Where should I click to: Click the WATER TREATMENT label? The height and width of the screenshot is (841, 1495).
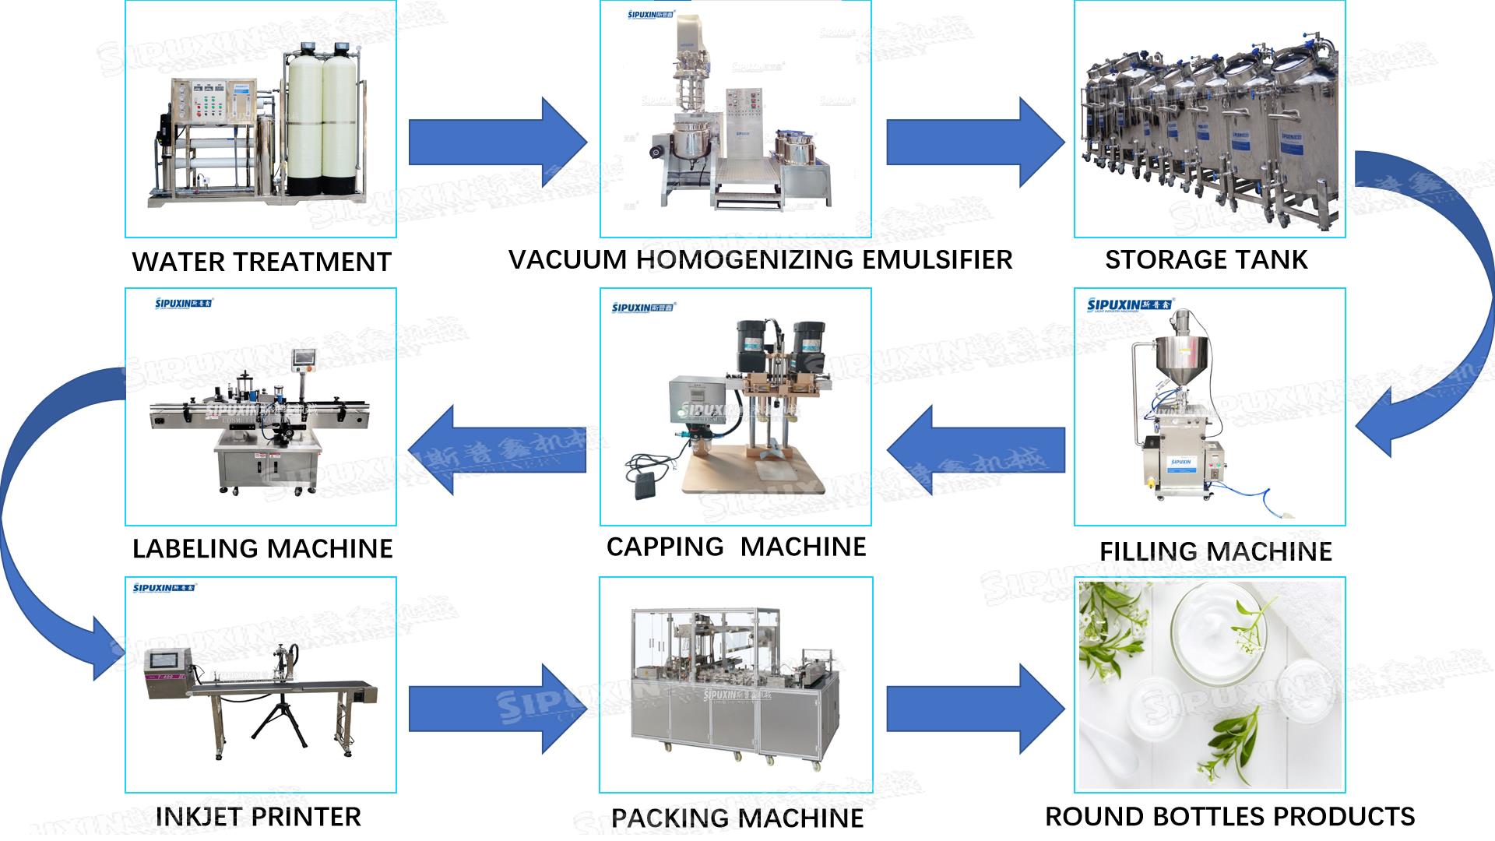[261, 262]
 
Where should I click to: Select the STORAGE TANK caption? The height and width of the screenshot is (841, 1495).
[1206, 259]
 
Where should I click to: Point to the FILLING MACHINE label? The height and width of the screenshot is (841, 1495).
[1215, 551]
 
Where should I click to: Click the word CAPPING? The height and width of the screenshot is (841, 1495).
[665, 547]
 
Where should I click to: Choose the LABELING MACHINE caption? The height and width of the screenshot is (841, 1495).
[262, 548]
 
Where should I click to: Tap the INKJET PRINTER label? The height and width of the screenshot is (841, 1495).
[259, 816]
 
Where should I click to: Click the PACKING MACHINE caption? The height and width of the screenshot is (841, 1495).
[737, 818]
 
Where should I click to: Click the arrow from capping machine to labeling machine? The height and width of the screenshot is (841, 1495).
[498, 450]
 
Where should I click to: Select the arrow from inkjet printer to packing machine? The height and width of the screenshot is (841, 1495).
[496, 709]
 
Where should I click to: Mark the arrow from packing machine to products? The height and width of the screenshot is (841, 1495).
[973, 709]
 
